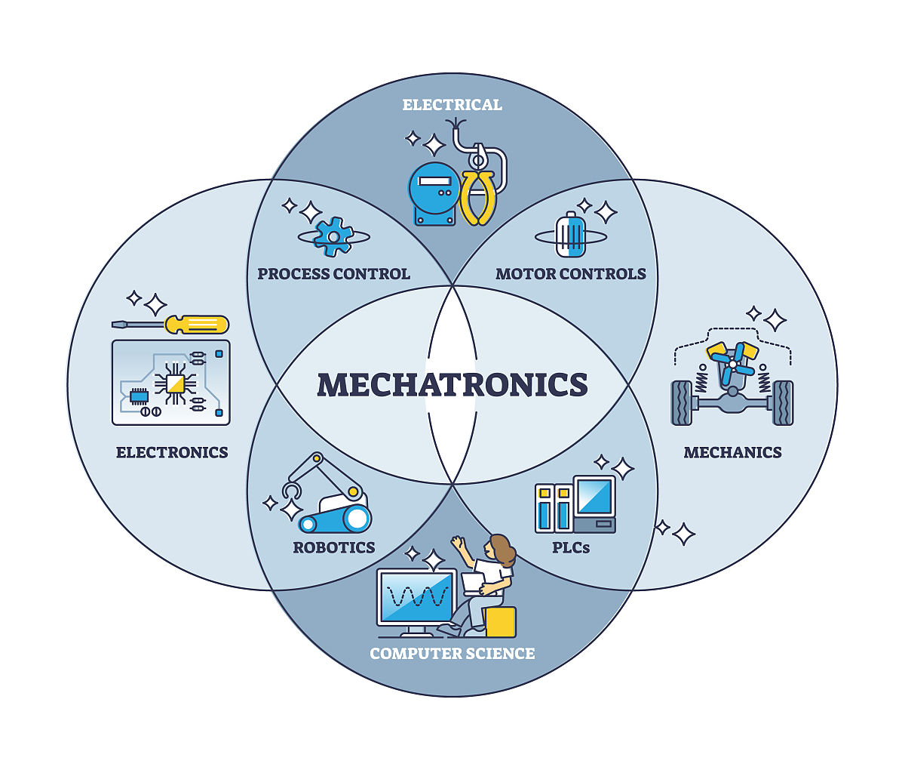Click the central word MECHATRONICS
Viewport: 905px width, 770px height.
452,384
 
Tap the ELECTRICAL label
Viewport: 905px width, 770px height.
452,105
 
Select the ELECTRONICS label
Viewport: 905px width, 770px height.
172,452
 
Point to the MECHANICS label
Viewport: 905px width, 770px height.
732,452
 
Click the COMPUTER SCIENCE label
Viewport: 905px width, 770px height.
452,653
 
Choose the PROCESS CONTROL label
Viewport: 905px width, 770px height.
334,273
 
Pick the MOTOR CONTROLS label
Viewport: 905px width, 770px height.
571,273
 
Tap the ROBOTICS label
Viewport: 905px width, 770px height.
334,547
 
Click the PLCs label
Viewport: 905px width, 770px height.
571,547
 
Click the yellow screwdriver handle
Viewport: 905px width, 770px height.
198,325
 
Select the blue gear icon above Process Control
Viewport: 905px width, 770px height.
333,236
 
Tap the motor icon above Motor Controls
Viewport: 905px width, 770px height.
570,236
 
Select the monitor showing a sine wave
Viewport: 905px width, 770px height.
416,597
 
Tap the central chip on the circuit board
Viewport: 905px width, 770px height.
174,384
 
